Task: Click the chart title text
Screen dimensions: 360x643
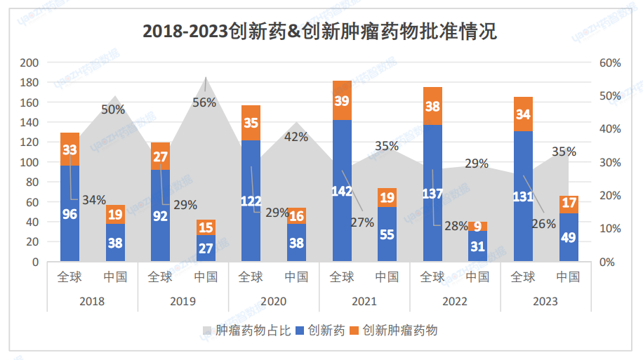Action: pyautogui.click(x=319, y=32)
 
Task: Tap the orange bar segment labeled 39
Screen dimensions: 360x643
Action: pyautogui.click(x=342, y=100)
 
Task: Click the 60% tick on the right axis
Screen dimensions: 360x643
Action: pyautogui.click(x=610, y=62)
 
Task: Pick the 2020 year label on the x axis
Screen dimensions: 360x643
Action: pyautogui.click(x=273, y=301)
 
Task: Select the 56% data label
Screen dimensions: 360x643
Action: pyautogui.click(x=204, y=102)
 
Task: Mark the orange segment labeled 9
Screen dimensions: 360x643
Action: pyautogui.click(x=477, y=227)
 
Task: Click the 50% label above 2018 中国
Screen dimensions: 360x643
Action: pyautogui.click(x=113, y=109)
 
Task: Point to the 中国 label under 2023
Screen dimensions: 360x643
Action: pyautogui.click(x=569, y=276)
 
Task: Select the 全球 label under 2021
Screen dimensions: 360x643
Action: pyautogui.click(x=342, y=276)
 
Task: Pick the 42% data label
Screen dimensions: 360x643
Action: pyautogui.click(x=296, y=137)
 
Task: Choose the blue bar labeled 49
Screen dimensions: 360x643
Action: pyautogui.click(x=569, y=237)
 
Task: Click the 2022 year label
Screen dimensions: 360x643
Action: pyautogui.click(x=455, y=301)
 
